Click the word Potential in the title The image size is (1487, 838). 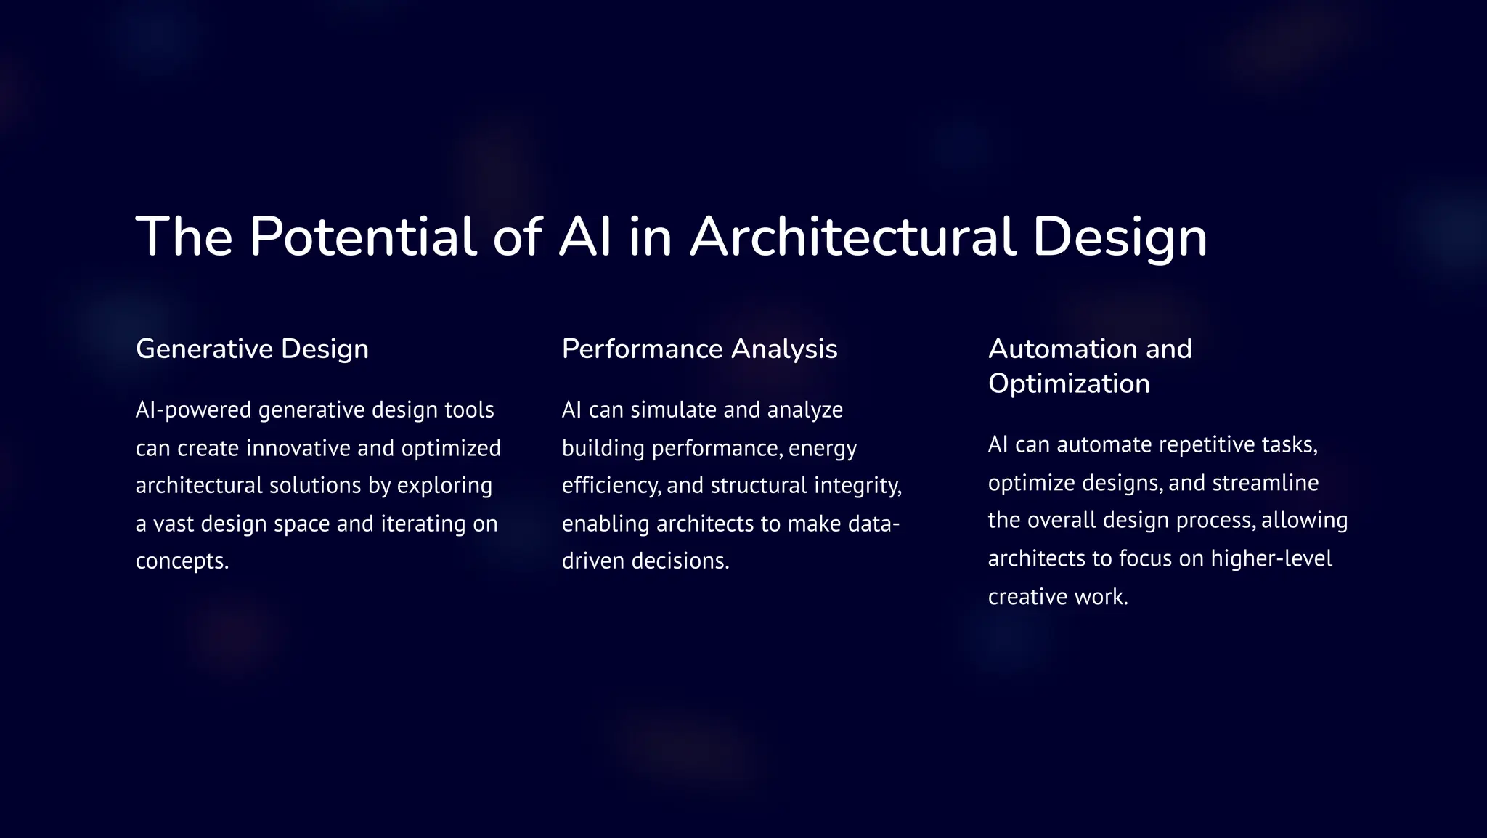[x=363, y=237]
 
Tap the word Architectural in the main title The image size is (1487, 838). [x=852, y=237]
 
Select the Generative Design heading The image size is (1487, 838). [x=252, y=349]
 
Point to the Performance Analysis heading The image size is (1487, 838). [x=699, y=349]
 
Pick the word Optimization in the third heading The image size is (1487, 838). [x=1069, y=383]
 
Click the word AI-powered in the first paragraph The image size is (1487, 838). [x=193, y=410]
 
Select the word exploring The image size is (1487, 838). [x=444, y=486]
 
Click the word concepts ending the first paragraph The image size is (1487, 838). [x=182, y=561]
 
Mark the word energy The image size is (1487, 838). [x=823, y=449]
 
